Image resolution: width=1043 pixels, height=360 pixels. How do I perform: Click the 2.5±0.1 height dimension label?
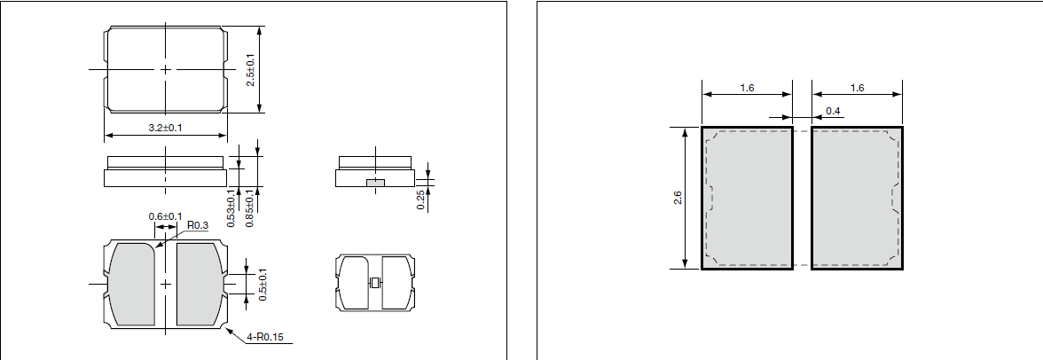pyautogui.click(x=250, y=69)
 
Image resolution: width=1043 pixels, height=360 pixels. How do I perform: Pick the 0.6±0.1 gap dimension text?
pyautogui.click(x=165, y=216)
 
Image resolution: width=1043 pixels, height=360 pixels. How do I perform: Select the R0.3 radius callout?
pyautogui.click(x=197, y=226)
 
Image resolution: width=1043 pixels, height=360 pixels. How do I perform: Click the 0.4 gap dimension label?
pyautogui.click(x=834, y=111)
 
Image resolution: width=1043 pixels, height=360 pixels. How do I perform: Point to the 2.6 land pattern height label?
pyautogui.click(x=678, y=197)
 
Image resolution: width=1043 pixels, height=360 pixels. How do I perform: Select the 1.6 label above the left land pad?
pyautogui.click(x=747, y=88)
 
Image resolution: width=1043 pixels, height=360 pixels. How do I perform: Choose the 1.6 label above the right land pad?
pyautogui.click(x=857, y=88)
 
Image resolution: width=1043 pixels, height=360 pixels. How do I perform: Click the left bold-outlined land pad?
pyautogui.click(x=747, y=197)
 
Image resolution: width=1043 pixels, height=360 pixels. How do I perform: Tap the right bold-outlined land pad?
pyautogui.click(x=857, y=197)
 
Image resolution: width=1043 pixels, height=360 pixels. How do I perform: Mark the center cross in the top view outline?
pyautogui.click(x=166, y=68)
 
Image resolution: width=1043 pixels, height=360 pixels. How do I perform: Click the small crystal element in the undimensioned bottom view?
pyautogui.click(x=374, y=283)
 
